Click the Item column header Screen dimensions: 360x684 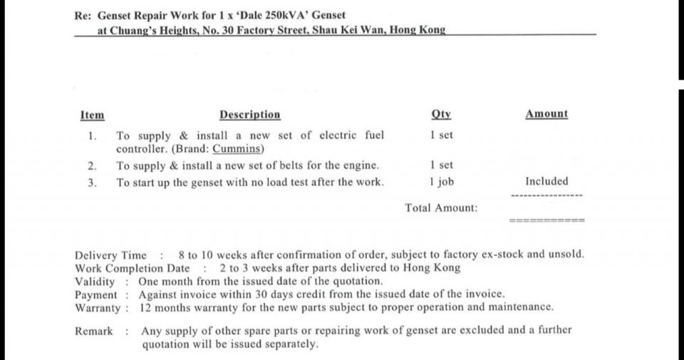[x=92, y=115]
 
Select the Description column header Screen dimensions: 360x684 [x=249, y=115]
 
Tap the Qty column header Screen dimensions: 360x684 [x=441, y=114]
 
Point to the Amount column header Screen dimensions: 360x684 [x=546, y=114]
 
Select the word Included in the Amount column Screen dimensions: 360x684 [x=546, y=181]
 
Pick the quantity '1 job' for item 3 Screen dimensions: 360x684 [x=442, y=181]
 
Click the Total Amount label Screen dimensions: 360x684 [x=442, y=208]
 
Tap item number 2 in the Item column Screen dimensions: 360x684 [x=92, y=165]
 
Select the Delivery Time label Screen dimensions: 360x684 [x=110, y=255]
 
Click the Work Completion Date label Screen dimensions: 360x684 [x=133, y=268]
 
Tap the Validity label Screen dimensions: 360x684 [x=95, y=281]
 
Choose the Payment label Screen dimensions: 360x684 [x=95, y=294]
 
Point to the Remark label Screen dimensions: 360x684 [x=93, y=331]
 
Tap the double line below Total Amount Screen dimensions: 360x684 [x=546, y=220]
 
